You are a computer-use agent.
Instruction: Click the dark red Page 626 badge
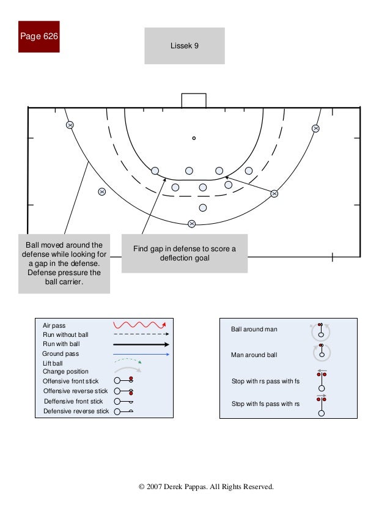tap(39, 37)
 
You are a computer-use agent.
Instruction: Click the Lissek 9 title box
tap(185, 46)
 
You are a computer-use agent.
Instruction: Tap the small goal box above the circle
tap(194, 100)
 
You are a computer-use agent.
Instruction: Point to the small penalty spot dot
tap(194, 138)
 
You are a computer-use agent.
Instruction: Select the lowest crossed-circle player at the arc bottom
tap(192, 224)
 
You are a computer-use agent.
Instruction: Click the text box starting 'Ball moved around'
tap(65, 263)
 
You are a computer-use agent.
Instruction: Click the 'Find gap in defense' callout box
tap(185, 253)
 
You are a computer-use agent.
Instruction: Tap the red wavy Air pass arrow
tap(141, 325)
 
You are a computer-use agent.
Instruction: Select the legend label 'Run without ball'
tap(65, 335)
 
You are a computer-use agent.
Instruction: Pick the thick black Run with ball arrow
tap(141, 344)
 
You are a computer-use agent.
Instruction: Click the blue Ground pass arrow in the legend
tap(141, 354)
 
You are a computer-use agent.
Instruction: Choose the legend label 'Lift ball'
tap(53, 363)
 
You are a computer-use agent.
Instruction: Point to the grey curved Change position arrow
tap(129, 371)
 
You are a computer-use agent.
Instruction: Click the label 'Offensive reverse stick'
tap(75, 391)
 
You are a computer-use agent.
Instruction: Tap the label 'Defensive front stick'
tap(73, 401)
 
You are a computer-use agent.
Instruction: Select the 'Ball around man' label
tap(254, 330)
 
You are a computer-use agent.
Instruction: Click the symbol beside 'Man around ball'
tap(321, 352)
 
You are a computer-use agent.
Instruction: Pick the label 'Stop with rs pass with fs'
tap(265, 382)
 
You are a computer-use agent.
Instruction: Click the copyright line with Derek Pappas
tap(207, 487)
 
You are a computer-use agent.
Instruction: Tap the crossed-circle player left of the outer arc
tap(102, 192)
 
